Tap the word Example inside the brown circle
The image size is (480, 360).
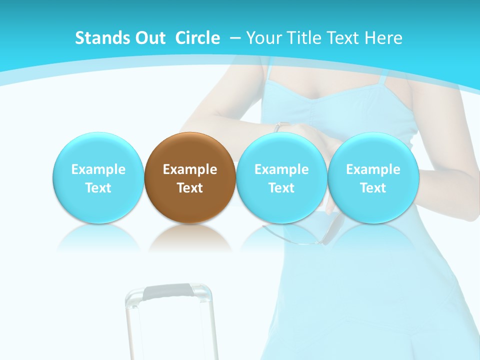(x=190, y=169)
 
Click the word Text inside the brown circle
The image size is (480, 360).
(x=190, y=188)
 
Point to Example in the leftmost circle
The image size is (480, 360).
(x=98, y=169)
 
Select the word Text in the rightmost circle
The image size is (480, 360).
(x=373, y=188)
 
